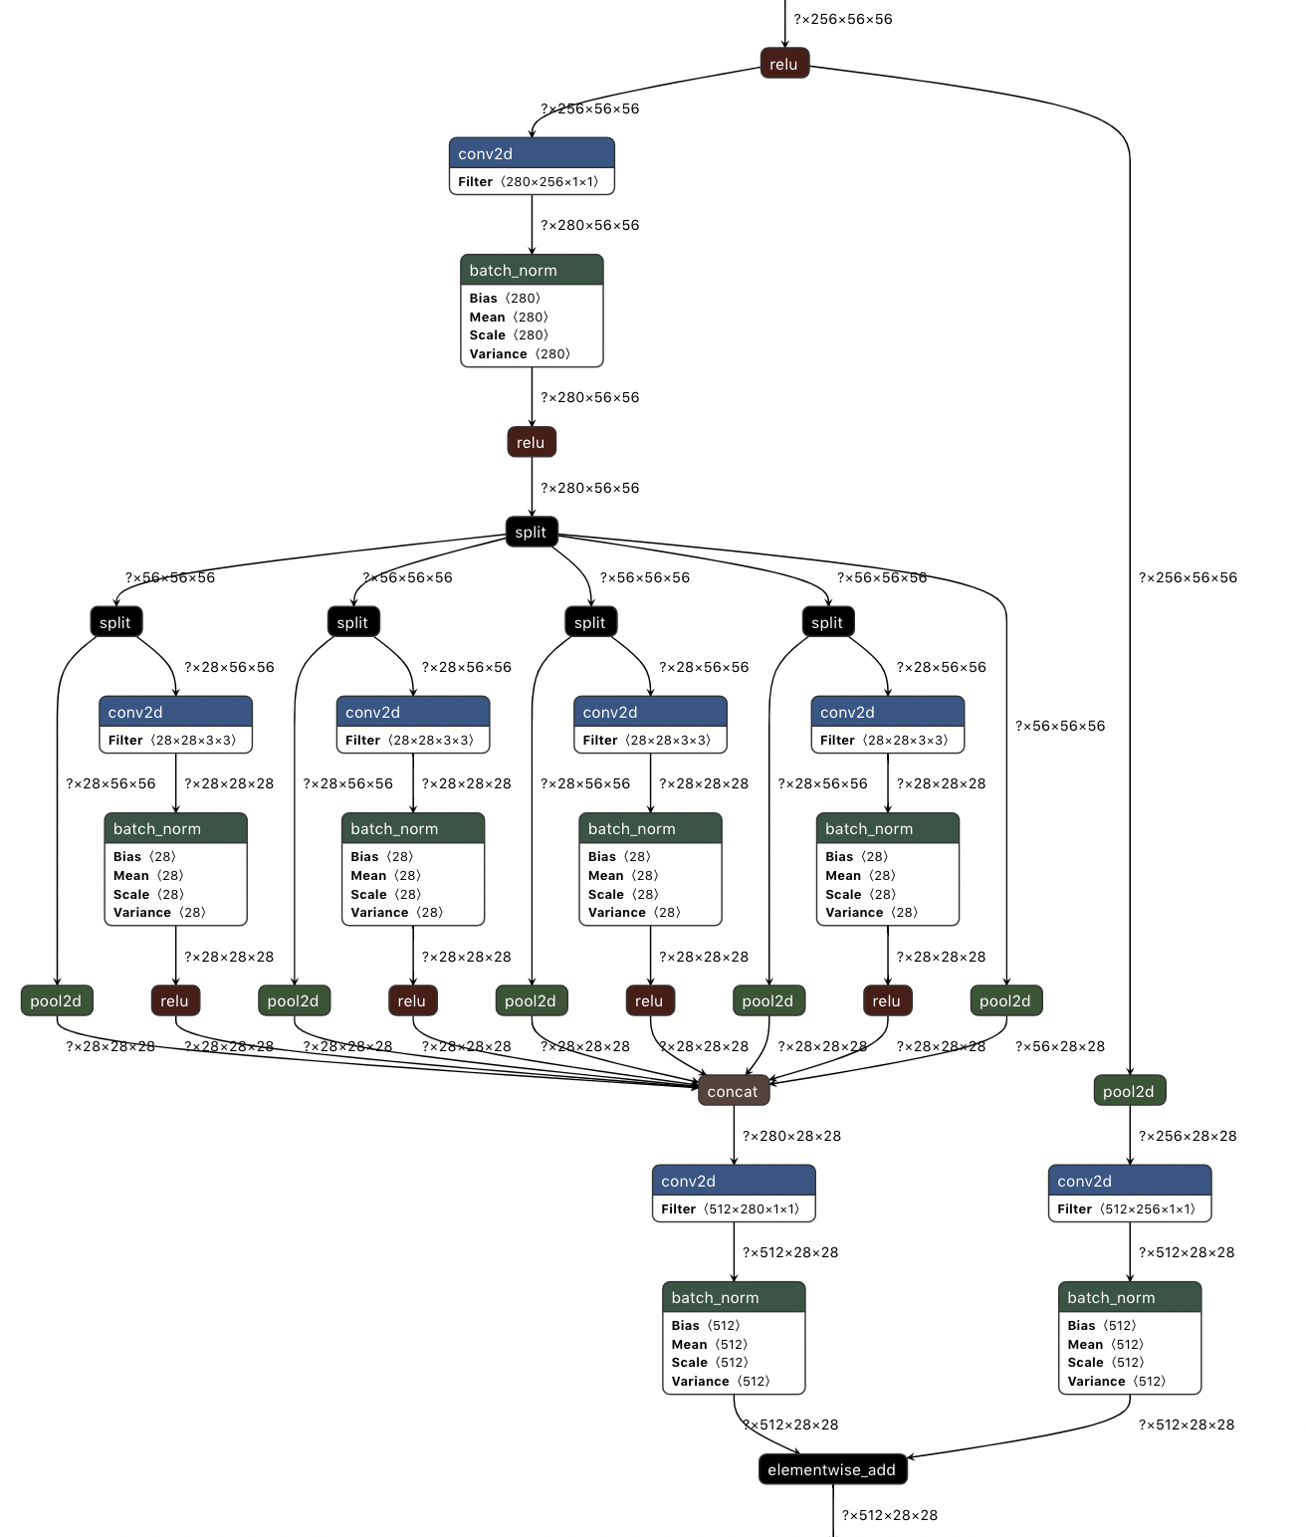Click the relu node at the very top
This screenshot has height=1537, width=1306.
784,64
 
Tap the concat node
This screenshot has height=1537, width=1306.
733,1091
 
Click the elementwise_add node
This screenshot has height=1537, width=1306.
832,1469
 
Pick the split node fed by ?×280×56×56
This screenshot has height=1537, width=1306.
531,532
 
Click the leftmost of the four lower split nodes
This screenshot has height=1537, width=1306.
115,622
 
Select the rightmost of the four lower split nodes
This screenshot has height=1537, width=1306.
827,622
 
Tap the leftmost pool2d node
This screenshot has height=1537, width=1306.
57,1000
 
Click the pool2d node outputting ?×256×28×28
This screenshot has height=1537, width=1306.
1129,1091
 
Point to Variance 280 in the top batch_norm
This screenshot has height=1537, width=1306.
520,353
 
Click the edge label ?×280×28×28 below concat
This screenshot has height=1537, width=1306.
791,1136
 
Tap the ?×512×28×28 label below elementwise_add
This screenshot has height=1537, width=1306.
889,1515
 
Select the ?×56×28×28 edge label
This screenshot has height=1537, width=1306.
1059,1046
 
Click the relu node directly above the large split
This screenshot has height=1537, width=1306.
531,442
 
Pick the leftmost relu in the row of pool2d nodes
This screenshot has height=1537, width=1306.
175,1000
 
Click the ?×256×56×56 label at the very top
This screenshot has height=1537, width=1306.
842,19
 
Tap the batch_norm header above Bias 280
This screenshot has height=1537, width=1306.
532,271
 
